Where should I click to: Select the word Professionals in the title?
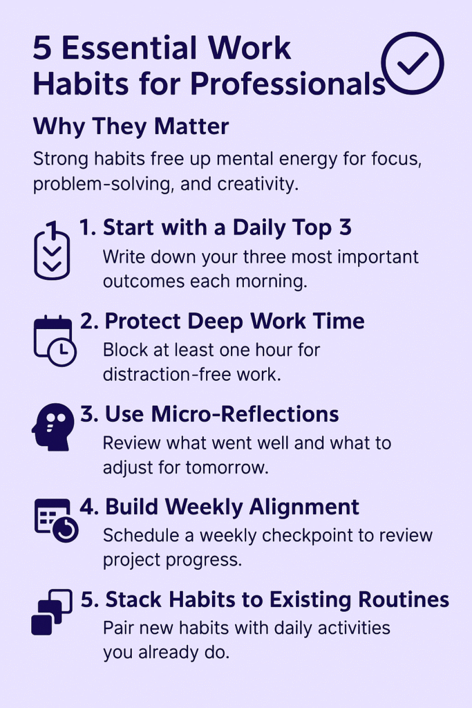[288, 84]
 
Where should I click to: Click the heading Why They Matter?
[131, 127]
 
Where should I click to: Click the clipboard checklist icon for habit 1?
[52, 250]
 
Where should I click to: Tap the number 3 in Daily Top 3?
[345, 227]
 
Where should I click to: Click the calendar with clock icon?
[55, 340]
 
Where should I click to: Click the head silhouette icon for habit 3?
[53, 427]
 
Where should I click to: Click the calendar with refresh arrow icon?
[56, 521]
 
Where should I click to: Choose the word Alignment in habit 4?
[304, 507]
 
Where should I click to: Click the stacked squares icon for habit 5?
[51, 613]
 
